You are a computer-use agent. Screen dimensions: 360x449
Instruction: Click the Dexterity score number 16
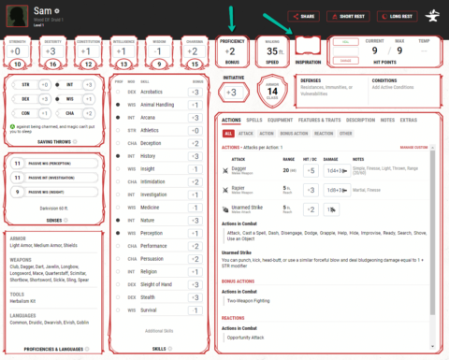(x=54, y=63)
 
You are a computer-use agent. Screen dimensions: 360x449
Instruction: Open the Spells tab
(x=254, y=121)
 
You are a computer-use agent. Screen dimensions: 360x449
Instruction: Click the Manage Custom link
(x=413, y=148)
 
